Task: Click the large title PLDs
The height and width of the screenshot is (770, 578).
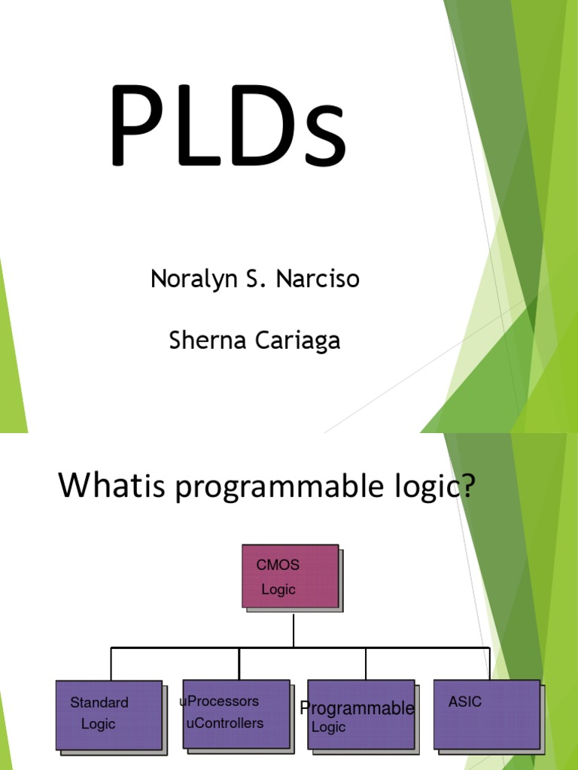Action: pyautogui.click(x=227, y=126)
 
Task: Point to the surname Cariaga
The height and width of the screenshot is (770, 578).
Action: pyautogui.click(x=297, y=341)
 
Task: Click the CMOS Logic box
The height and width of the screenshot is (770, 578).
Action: pyautogui.click(x=291, y=576)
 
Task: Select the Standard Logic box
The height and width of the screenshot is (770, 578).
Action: pyautogui.click(x=109, y=714)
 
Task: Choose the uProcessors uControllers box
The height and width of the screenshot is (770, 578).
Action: pyautogui.click(x=236, y=714)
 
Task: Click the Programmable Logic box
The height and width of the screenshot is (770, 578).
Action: pyautogui.click(x=361, y=714)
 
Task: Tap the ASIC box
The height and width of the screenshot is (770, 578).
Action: pyautogui.click(x=487, y=714)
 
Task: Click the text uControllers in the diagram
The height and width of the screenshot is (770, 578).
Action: pyautogui.click(x=224, y=723)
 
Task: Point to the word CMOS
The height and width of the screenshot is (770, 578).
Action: pyautogui.click(x=278, y=565)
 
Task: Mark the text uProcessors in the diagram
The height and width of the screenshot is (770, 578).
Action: pyautogui.click(x=219, y=702)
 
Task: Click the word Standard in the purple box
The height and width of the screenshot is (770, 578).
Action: pyautogui.click(x=99, y=703)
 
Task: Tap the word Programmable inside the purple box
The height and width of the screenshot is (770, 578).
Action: pyautogui.click(x=357, y=708)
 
